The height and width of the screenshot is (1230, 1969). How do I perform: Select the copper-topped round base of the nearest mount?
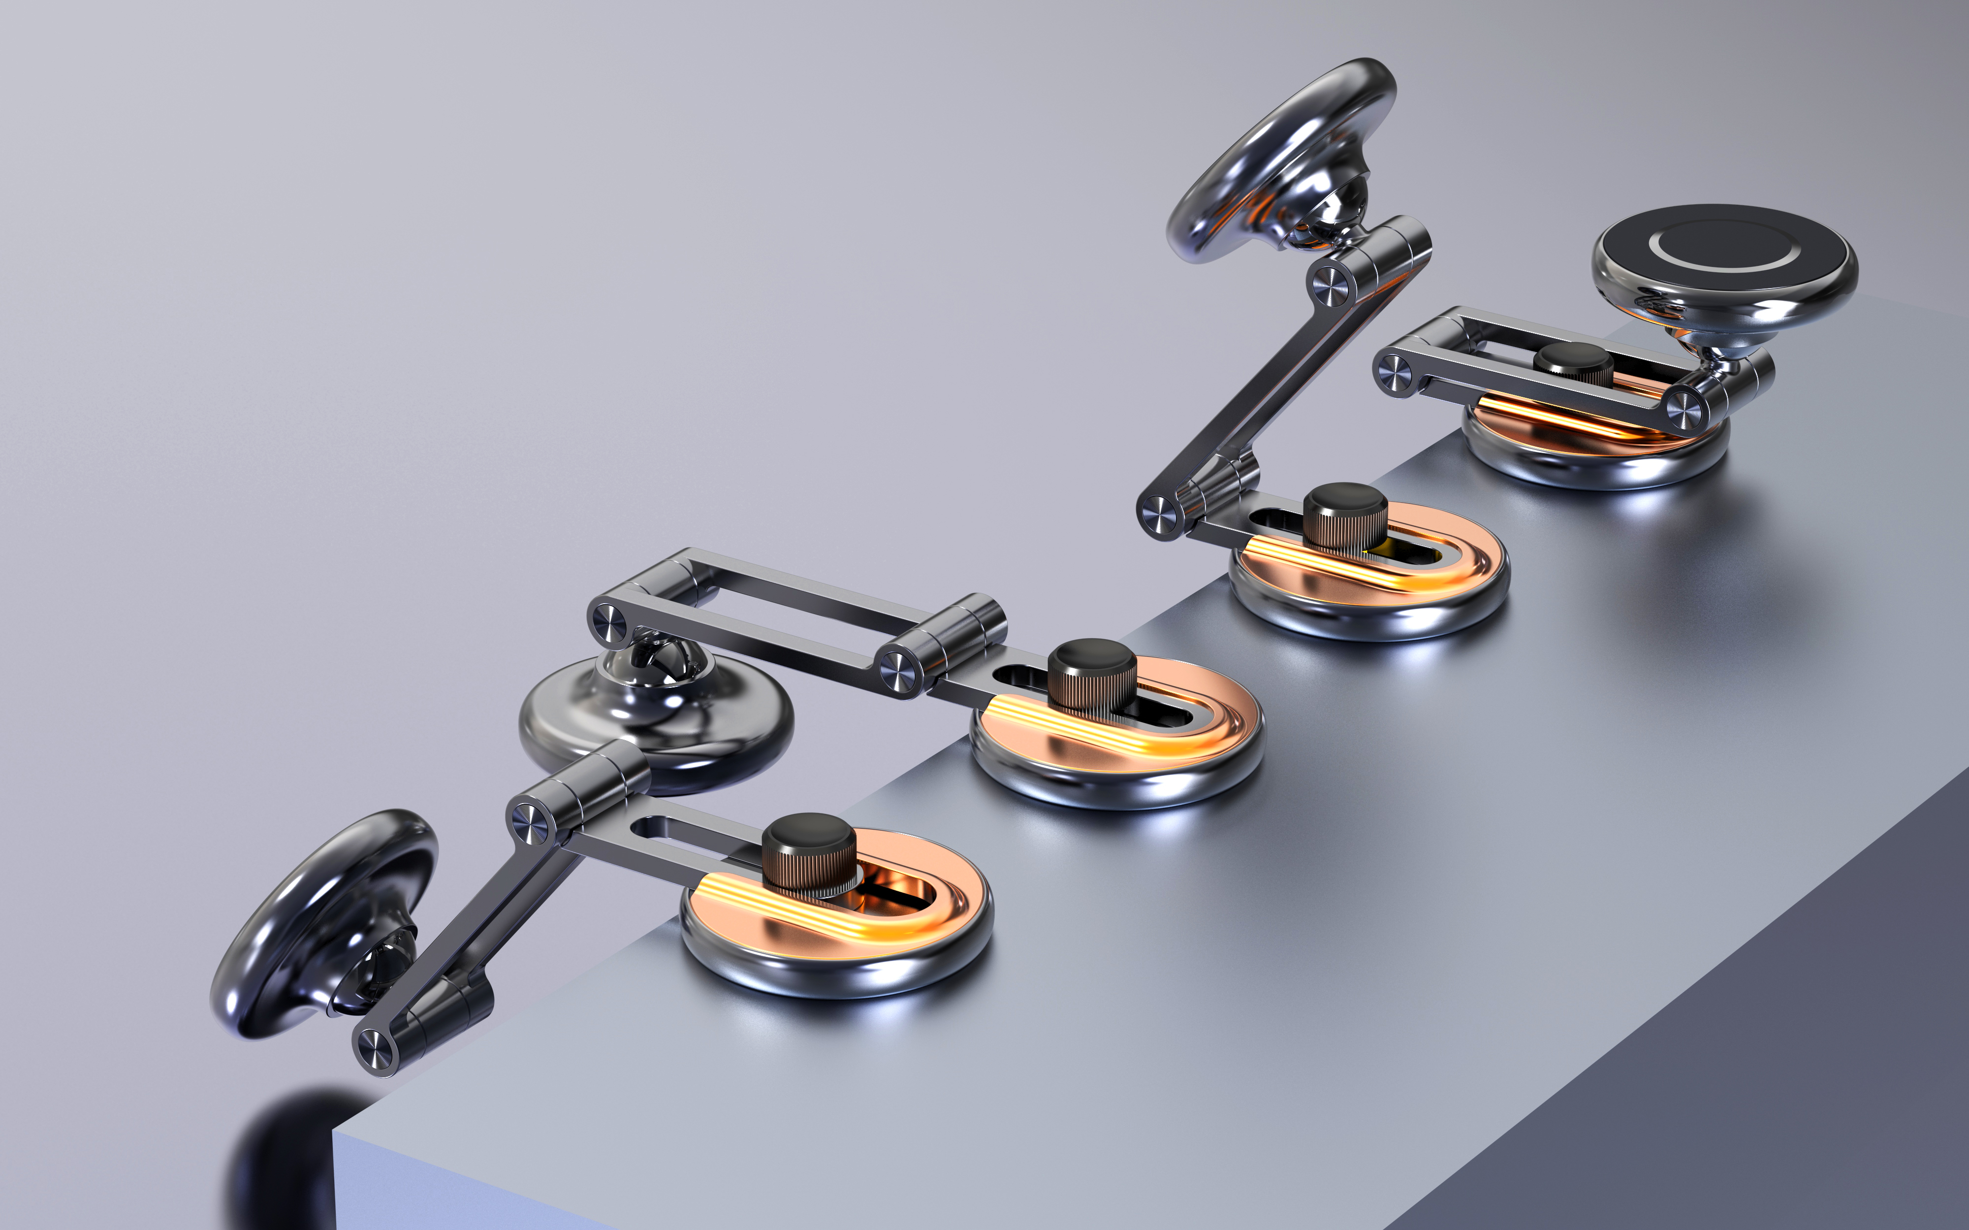[x=838, y=936]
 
